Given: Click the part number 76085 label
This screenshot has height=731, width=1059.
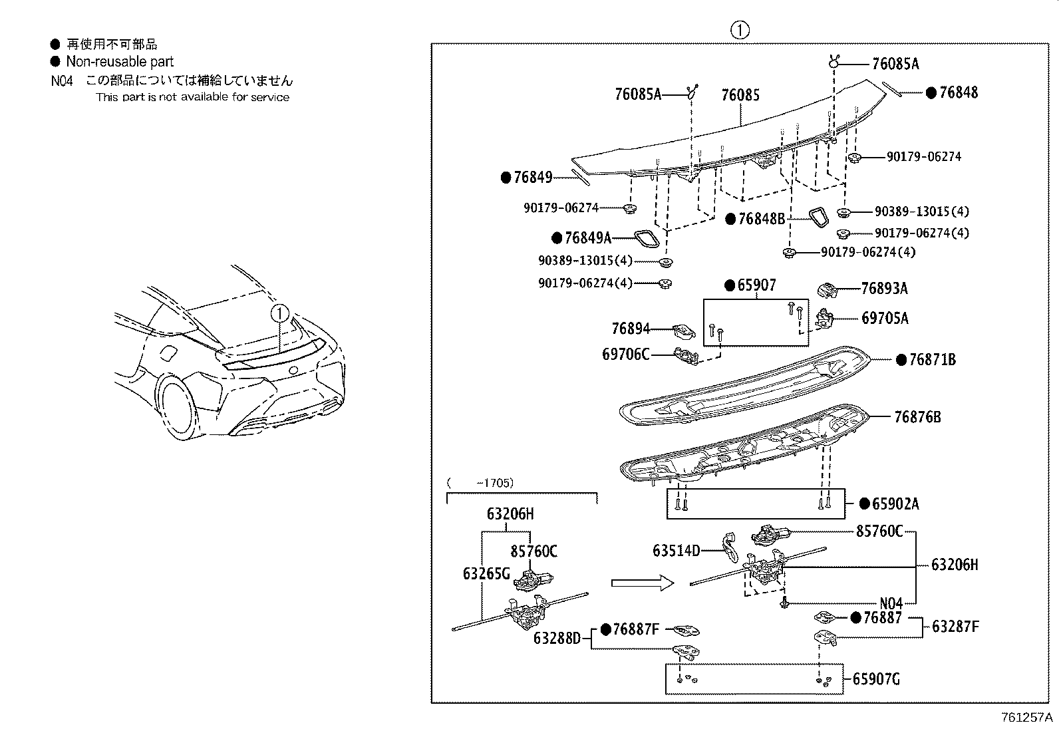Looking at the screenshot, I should click(x=740, y=95).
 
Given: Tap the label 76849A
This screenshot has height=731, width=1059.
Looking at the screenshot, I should click(x=587, y=237).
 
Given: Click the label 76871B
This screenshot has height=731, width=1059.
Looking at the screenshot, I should click(x=931, y=360).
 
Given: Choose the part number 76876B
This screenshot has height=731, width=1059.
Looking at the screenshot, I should click(x=917, y=417).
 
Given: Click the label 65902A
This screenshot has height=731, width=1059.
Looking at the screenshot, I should click(x=895, y=504).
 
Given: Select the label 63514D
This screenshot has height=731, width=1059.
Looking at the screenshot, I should click(x=676, y=551).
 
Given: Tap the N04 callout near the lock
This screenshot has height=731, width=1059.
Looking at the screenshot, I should click(x=891, y=603).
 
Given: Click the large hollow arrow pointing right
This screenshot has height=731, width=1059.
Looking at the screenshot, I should click(x=642, y=583).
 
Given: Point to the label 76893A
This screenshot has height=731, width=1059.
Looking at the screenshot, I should click(x=884, y=288).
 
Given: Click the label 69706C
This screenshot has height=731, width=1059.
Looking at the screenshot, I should click(x=625, y=355).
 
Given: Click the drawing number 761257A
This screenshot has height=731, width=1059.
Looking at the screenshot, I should click(x=1027, y=718).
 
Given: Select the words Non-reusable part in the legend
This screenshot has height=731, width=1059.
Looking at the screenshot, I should click(x=119, y=62).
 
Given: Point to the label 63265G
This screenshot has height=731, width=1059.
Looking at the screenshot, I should click(x=486, y=573).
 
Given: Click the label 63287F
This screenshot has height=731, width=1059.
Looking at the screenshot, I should click(x=955, y=626).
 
